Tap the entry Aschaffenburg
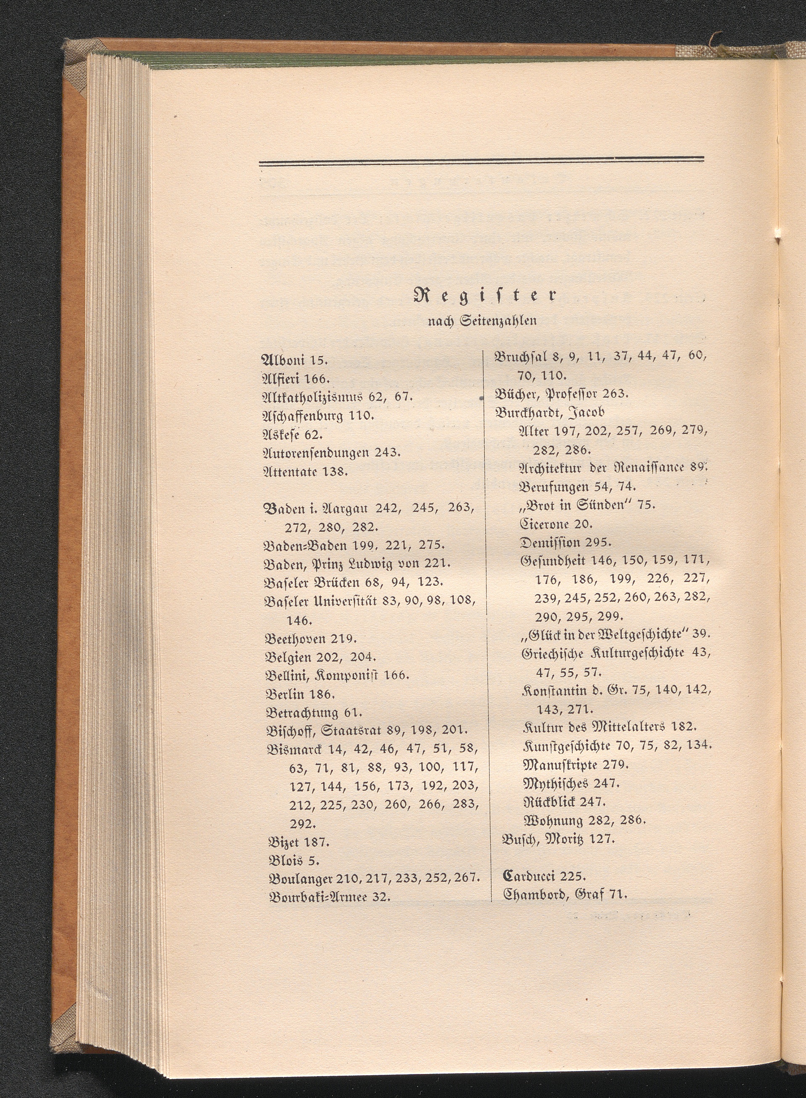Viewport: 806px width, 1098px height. point(304,415)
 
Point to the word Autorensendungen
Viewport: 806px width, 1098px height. point(316,453)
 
